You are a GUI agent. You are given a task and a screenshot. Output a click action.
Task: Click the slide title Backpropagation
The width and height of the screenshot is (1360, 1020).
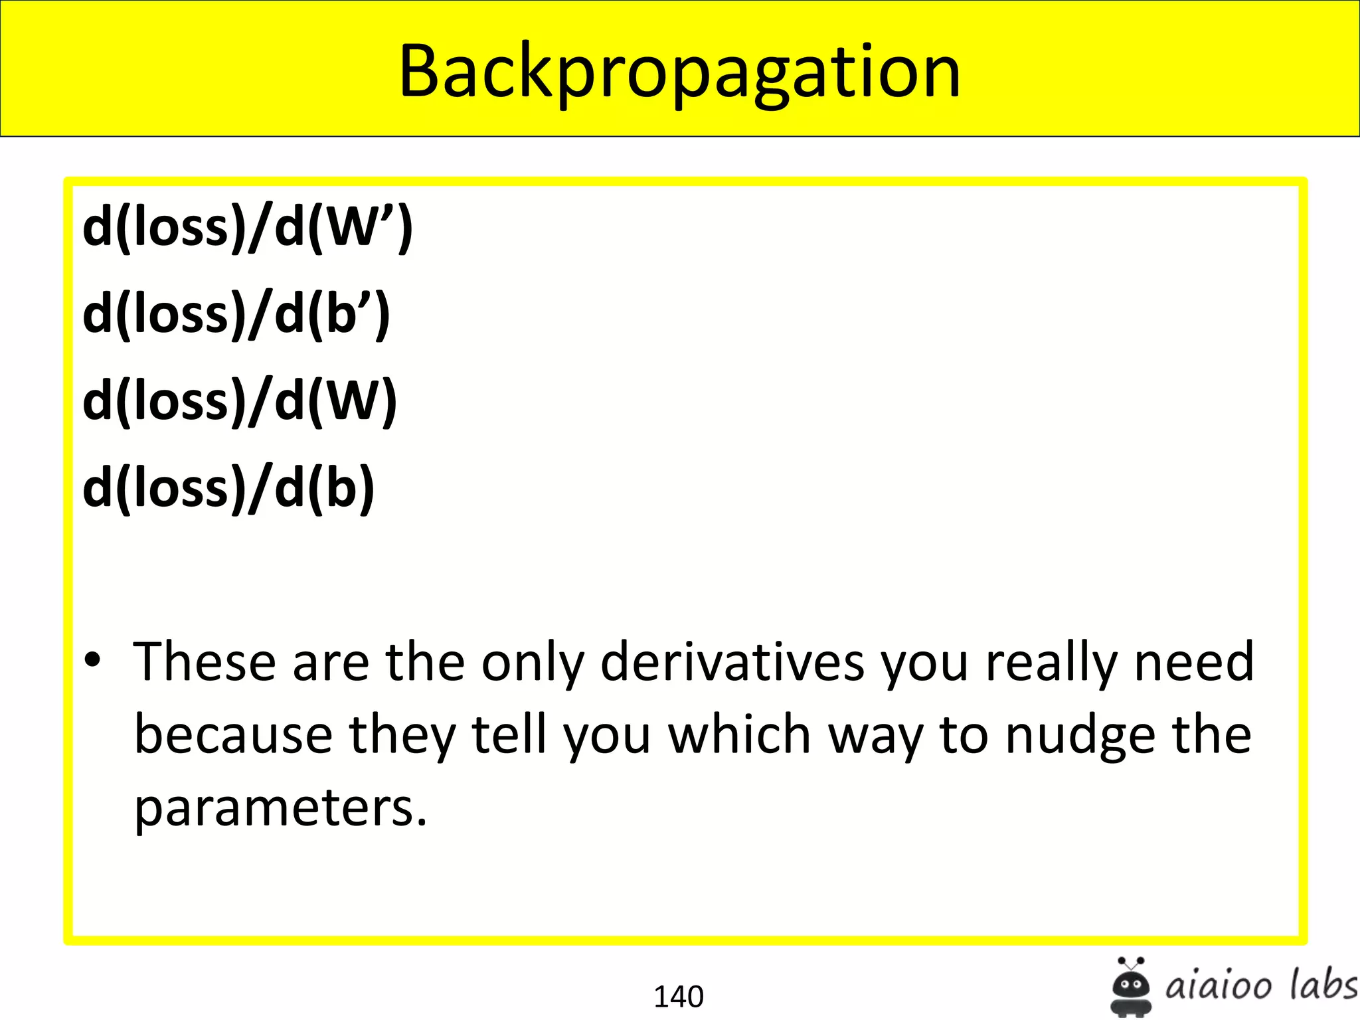point(679,72)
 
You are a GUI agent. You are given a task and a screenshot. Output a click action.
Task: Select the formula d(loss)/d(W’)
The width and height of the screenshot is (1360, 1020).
point(248,227)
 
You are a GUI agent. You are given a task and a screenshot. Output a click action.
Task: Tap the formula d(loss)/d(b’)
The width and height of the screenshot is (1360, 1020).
point(236,314)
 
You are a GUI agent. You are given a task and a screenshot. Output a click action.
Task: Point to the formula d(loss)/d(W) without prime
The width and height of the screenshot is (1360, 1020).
point(240,401)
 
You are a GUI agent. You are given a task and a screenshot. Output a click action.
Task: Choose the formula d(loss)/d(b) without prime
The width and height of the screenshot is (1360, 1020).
point(228,488)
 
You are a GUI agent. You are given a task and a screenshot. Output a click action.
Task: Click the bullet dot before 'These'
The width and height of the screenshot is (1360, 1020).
point(92,660)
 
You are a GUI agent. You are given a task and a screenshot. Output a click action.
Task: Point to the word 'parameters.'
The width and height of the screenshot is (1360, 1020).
point(280,809)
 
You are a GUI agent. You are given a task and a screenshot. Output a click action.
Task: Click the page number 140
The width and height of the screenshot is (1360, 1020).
point(679,996)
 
